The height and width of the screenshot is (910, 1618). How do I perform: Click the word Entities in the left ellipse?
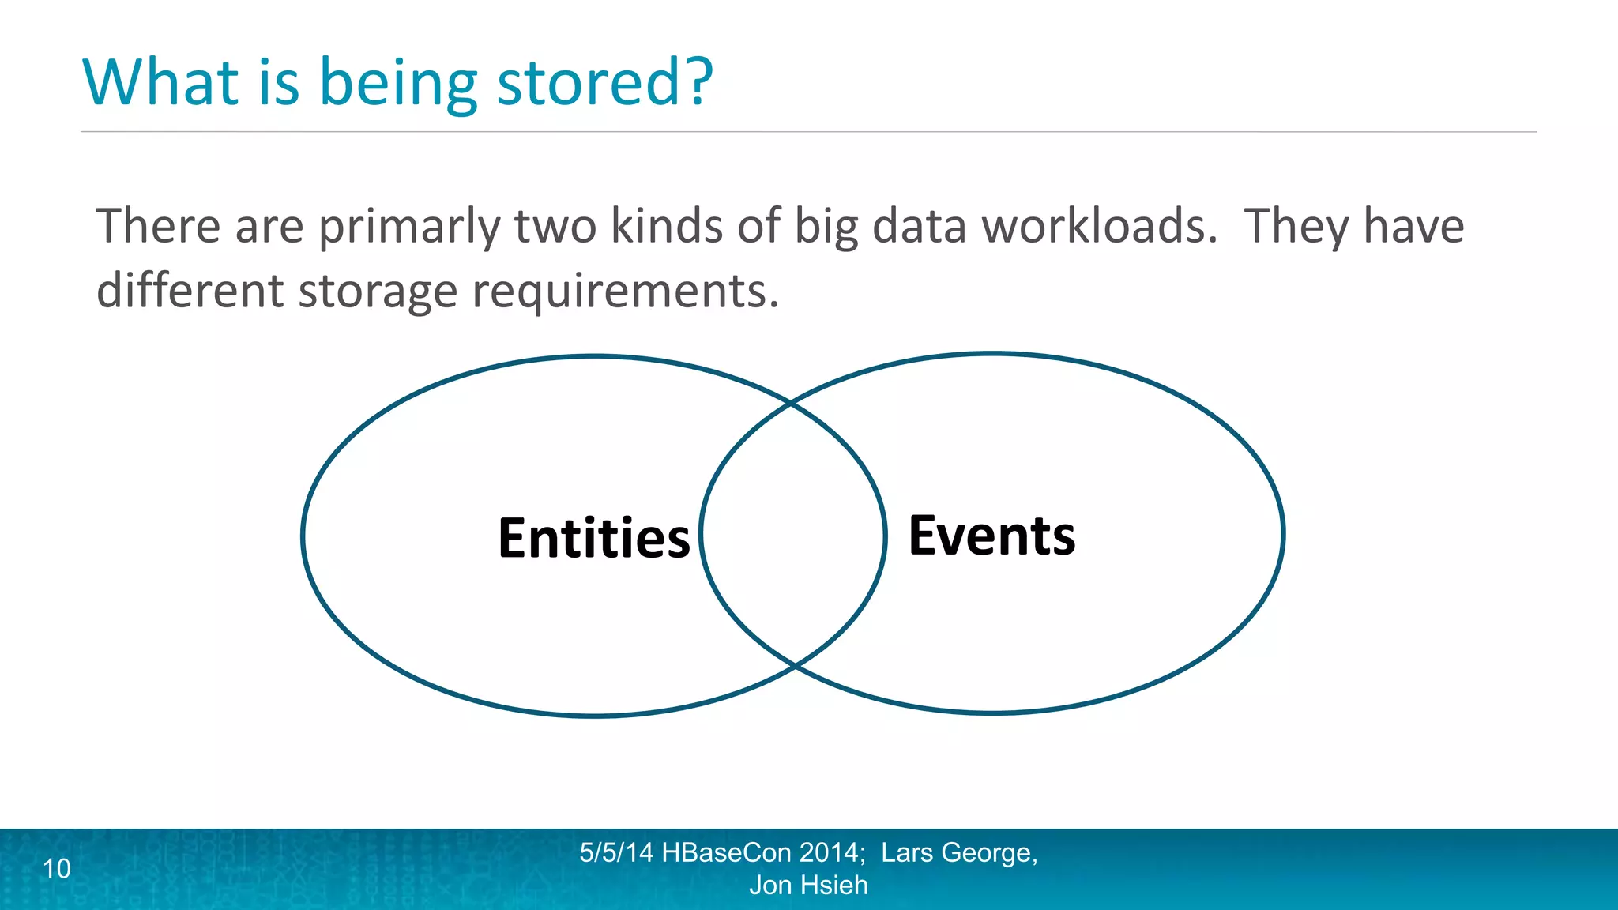coord(594,539)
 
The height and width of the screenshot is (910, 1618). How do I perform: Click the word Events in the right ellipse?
coord(991,536)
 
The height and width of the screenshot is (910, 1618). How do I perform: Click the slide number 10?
coord(57,869)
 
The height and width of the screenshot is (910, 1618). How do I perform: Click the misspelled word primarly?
coord(408,227)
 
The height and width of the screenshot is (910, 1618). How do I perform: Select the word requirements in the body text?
coord(625,292)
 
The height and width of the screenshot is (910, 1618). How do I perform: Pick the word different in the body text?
coord(190,291)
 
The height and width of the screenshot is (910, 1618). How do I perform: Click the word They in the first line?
coord(1296,227)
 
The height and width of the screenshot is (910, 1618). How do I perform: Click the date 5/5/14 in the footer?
coord(616,853)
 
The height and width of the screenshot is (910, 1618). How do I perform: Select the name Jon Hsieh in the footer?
coord(808,886)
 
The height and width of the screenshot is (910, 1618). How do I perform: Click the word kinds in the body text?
coord(667,226)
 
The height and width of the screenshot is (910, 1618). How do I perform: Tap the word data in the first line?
coord(919,226)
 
